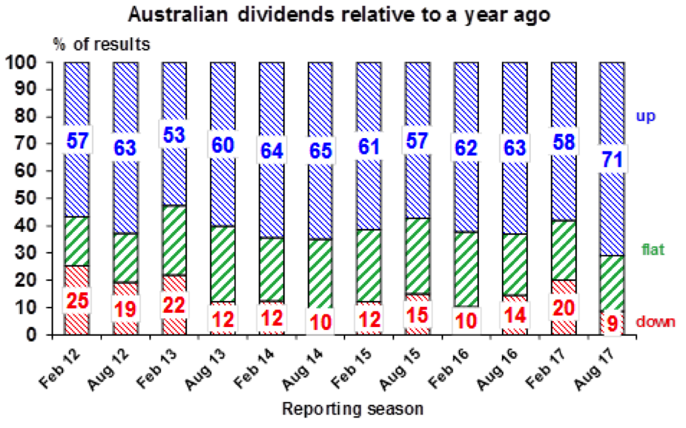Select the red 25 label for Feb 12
click(76, 300)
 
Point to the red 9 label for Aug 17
click(612, 322)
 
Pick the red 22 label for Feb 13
click(174, 305)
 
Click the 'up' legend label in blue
click(644, 115)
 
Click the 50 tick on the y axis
click(31, 198)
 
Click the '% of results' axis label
click(101, 44)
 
